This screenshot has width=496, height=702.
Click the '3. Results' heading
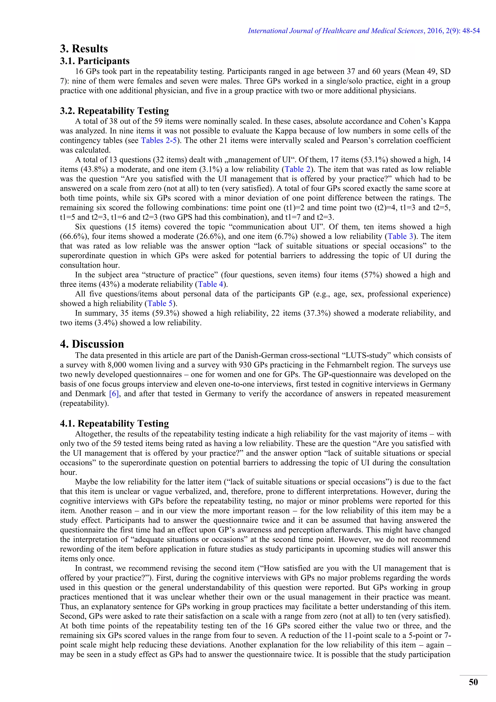(84, 49)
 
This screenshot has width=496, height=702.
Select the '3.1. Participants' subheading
(95, 61)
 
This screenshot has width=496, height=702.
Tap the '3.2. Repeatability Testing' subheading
(114, 111)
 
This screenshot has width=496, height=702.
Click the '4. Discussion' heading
(92, 344)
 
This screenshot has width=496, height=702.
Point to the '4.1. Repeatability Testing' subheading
(114, 423)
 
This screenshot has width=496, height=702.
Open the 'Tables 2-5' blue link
(159, 141)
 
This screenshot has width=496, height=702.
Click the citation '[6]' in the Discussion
(114, 394)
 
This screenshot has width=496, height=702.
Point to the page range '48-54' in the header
(471, 31)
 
